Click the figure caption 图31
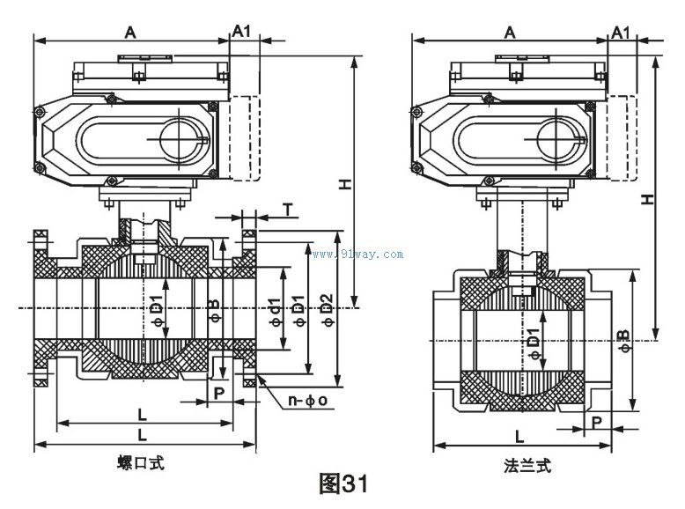point(341,483)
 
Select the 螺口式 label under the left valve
point(141,462)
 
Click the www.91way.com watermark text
point(357,254)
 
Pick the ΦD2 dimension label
point(328,309)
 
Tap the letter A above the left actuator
point(130,32)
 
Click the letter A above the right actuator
point(510,32)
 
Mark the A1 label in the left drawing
point(241,31)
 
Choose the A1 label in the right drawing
point(621,32)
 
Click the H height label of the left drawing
point(347,185)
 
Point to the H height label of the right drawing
point(647,200)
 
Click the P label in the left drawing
point(218,392)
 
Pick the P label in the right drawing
point(598,422)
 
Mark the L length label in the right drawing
point(519,436)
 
